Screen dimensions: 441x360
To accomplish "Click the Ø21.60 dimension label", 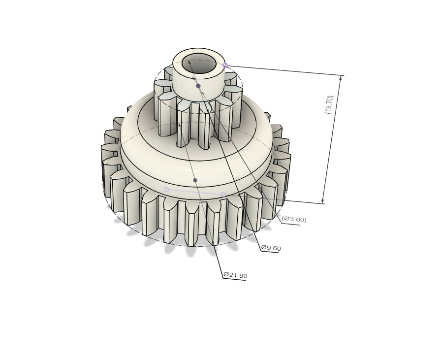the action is (x=235, y=275).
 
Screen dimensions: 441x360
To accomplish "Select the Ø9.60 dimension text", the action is (x=271, y=248).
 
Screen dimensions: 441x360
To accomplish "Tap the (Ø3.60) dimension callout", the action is (x=294, y=219).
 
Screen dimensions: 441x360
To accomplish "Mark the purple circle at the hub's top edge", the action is (x=225, y=65).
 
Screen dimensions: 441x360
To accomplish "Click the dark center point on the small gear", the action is (x=198, y=86).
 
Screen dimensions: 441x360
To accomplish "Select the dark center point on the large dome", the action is (x=195, y=180).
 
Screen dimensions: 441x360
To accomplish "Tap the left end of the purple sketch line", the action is (x=166, y=190).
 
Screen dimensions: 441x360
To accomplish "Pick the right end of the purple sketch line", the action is (x=223, y=195).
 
